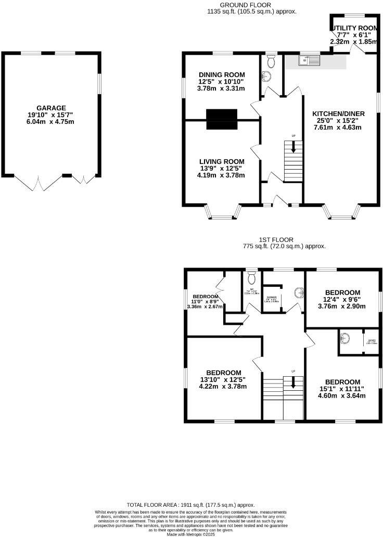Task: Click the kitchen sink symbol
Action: [x=309, y=61]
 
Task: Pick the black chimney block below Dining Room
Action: [x=221, y=119]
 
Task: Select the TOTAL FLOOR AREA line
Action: [x=191, y=505]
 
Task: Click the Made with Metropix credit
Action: [x=191, y=534]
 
